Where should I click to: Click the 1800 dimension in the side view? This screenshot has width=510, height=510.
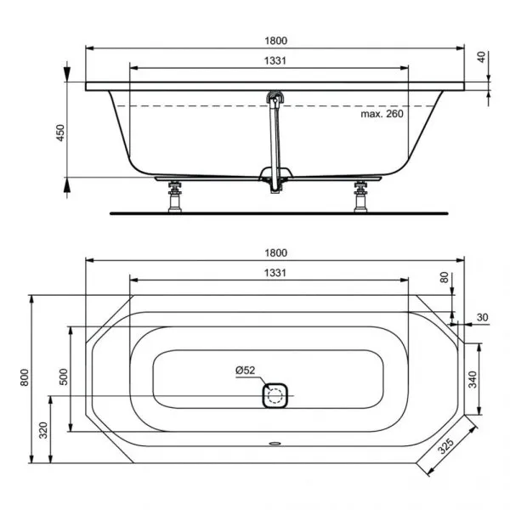click(276, 38)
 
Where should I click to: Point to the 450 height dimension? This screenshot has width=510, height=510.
click(58, 133)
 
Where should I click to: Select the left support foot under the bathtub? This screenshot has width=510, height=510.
click(177, 196)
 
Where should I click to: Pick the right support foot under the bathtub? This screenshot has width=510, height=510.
click(361, 196)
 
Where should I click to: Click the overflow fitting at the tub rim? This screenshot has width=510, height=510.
click(275, 99)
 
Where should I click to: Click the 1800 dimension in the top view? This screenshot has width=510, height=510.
click(276, 252)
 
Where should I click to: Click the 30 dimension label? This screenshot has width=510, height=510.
click(482, 317)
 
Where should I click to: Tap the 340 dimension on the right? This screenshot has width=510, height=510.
click(472, 380)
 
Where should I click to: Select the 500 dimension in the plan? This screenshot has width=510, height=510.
click(62, 377)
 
